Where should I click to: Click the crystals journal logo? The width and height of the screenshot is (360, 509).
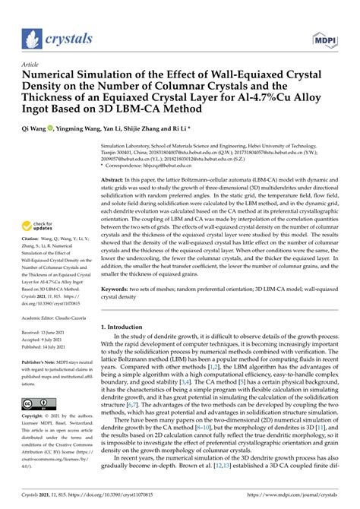coord(58,39)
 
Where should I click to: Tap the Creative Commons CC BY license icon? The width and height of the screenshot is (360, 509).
coord(38,403)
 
